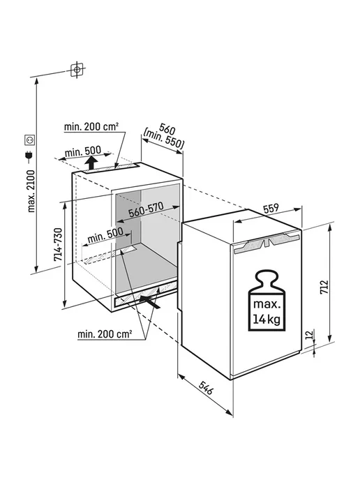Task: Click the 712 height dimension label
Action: tap(324, 287)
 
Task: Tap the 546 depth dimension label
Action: tap(206, 387)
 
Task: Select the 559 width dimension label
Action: tap(271, 208)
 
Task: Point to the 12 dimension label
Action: tap(310, 334)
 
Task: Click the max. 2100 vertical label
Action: tap(31, 191)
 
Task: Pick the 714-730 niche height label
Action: tap(58, 244)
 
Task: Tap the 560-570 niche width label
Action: tap(146, 209)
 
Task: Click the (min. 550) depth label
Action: tap(164, 141)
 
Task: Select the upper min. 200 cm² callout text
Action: tap(91, 126)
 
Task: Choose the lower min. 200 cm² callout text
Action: tap(105, 333)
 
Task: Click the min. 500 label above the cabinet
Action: tap(82, 151)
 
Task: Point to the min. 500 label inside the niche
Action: tap(105, 235)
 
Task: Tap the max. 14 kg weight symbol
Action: tap(267, 301)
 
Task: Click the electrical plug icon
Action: tap(29, 157)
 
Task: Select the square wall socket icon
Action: tap(30, 140)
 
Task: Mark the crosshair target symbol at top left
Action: tap(77, 70)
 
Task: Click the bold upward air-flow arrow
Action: tap(91, 163)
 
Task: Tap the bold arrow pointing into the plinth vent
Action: tap(150, 301)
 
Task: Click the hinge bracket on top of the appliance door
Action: tap(267, 243)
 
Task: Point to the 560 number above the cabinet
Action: tap(167, 130)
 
